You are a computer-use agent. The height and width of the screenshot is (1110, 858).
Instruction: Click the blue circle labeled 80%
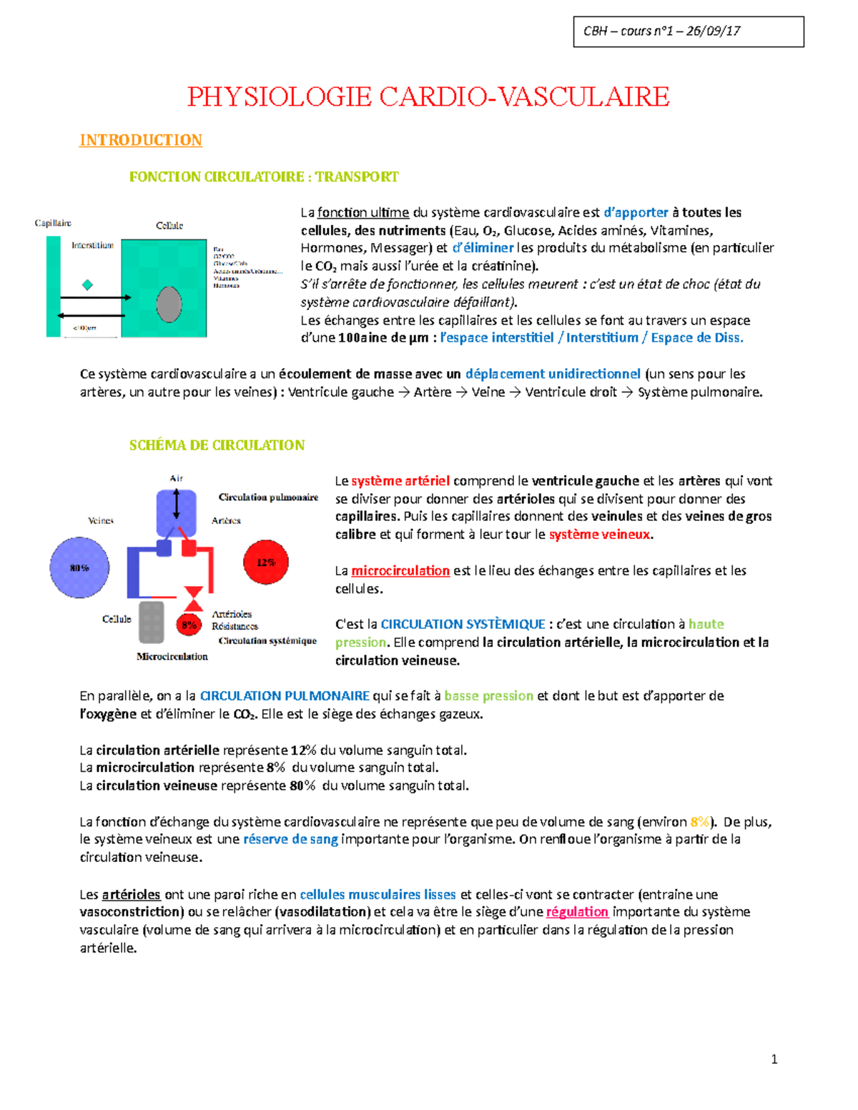pyautogui.click(x=79, y=568)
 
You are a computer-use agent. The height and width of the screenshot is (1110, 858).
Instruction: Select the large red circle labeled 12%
pyautogui.click(x=266, y=563)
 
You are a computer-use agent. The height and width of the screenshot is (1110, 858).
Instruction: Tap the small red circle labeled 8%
pyautogui.click(x=189, y=625)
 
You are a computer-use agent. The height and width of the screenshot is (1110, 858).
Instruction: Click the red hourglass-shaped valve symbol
pyautogui.click(x=193, y=599)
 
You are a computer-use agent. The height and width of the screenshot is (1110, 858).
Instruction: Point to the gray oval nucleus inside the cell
pyautogui.click(x=169, y=305)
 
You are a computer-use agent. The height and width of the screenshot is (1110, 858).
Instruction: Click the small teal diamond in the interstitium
pyautogui.click(x=88, y=284)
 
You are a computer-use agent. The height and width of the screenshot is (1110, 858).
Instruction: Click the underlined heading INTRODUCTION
pyautogui.click(x=141, y=140)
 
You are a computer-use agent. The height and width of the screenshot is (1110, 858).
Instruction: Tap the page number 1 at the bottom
pyautogui.click(x=774, y=1059)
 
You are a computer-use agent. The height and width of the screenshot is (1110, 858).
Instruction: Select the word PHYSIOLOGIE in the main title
pyautogui.click(x=280, y=96)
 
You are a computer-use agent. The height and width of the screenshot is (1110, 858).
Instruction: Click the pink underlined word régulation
pyautogui.click(x=577, y=912)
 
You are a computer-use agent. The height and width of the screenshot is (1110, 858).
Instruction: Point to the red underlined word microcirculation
pyautogui.click(x=400, y=570)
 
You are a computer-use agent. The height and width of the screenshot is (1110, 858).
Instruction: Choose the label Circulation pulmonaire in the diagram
pyautogui.click(x=268, y=497)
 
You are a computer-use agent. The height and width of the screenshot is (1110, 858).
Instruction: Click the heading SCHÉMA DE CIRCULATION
pyautogui.click(x=217, y=445)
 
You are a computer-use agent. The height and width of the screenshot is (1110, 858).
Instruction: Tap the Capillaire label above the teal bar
pyautogui.click(x=53, y=223)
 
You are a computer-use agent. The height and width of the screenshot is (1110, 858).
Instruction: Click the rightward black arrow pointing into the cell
pyautogui.click(x=95, y=297)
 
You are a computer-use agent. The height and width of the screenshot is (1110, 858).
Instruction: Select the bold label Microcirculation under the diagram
pyautogui.click(x=172, y=656)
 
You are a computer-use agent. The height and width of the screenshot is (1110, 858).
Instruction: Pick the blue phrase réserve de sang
pyautogui.click(x=290, y=839)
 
